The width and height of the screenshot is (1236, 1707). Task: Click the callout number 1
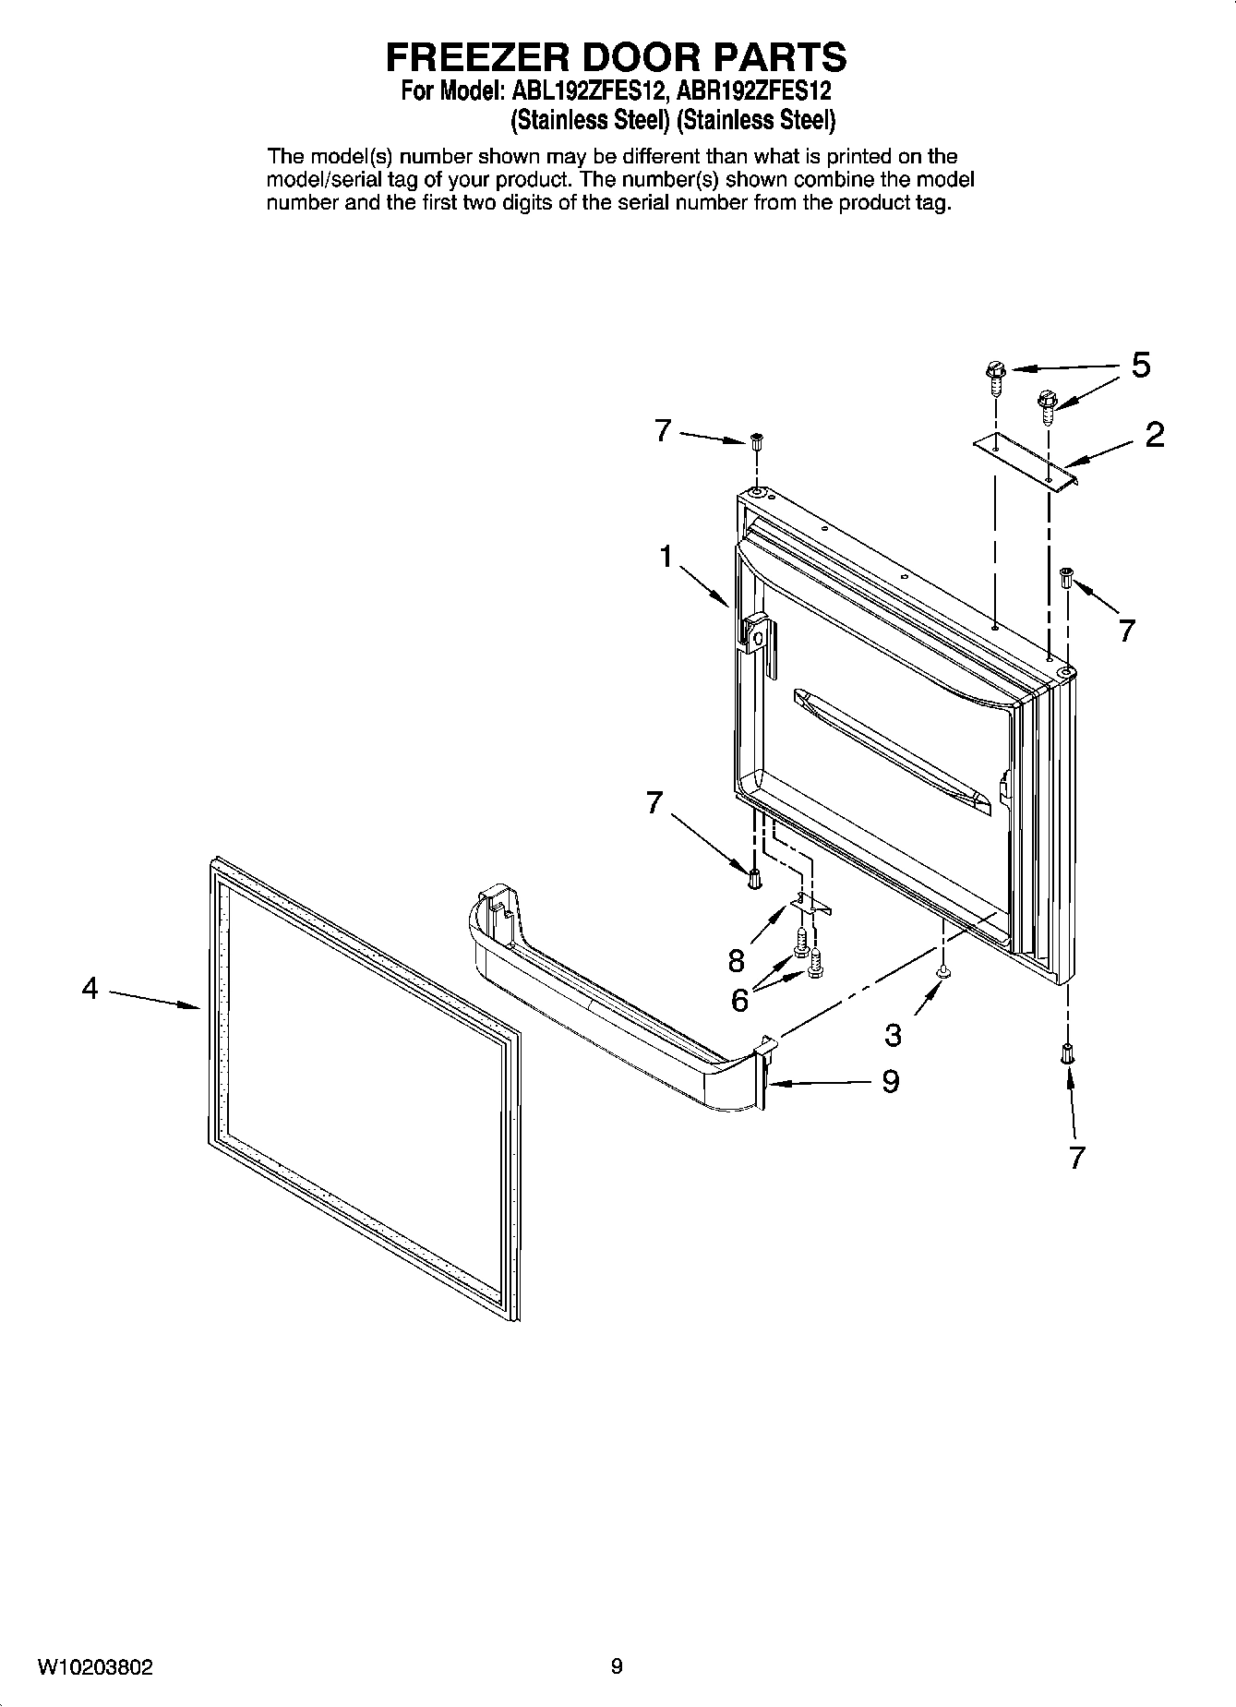[665, 558]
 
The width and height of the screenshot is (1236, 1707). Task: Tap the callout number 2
[1154, 435]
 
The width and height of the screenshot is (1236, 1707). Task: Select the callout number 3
[893, 1035]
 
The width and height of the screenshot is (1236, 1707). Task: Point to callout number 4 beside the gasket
[90, 989]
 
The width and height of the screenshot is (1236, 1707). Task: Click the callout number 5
[1141, 366]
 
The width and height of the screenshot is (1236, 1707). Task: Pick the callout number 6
[739, 1000]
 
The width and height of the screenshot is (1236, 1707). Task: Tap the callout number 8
[736, 961]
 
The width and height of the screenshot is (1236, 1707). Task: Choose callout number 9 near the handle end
[890, 1081]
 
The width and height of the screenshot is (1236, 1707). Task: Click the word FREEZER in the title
[478, 57]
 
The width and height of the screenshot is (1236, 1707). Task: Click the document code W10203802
[95, 1667]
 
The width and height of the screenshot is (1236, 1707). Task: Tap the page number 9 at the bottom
[617, 1666]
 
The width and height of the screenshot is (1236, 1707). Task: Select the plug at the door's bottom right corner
[1067, 1053]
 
